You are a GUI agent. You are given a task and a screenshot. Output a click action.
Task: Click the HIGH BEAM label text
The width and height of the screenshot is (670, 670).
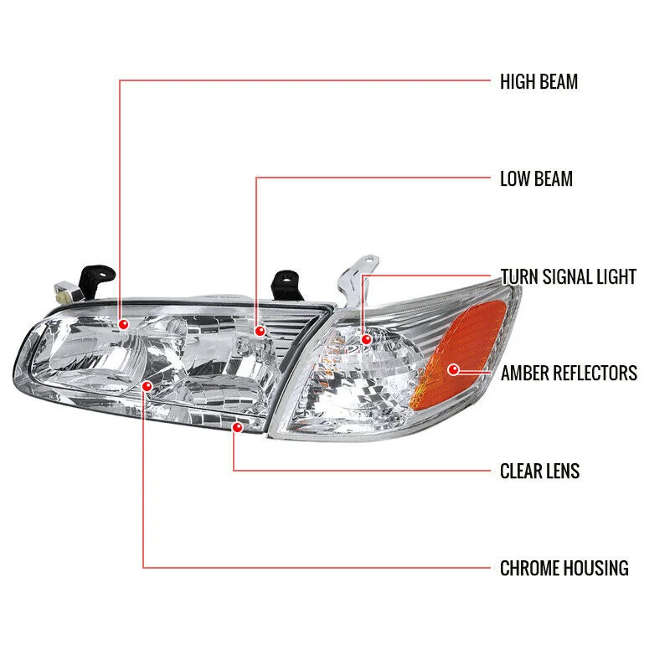539,82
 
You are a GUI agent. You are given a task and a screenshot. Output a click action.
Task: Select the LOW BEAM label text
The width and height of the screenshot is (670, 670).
536,178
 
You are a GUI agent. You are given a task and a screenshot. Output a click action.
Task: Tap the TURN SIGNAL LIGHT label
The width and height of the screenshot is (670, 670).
568,276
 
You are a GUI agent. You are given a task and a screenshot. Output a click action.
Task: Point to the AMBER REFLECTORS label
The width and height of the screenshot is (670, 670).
569,373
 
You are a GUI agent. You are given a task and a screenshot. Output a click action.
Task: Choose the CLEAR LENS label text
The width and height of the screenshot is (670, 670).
539,471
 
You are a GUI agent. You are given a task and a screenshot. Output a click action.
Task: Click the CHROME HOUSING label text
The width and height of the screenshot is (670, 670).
564,569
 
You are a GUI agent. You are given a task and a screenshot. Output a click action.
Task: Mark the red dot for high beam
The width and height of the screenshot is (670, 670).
124,323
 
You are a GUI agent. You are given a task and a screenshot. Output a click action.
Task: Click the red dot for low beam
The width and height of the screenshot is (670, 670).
260,332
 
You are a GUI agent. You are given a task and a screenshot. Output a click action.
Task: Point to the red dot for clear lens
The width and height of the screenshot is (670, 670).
237,428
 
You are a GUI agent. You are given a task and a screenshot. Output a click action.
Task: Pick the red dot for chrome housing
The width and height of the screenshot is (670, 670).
147,386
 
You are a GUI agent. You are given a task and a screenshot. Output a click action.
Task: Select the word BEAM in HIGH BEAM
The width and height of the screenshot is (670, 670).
559,82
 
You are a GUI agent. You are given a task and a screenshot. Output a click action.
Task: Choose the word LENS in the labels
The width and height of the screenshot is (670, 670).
562,471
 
